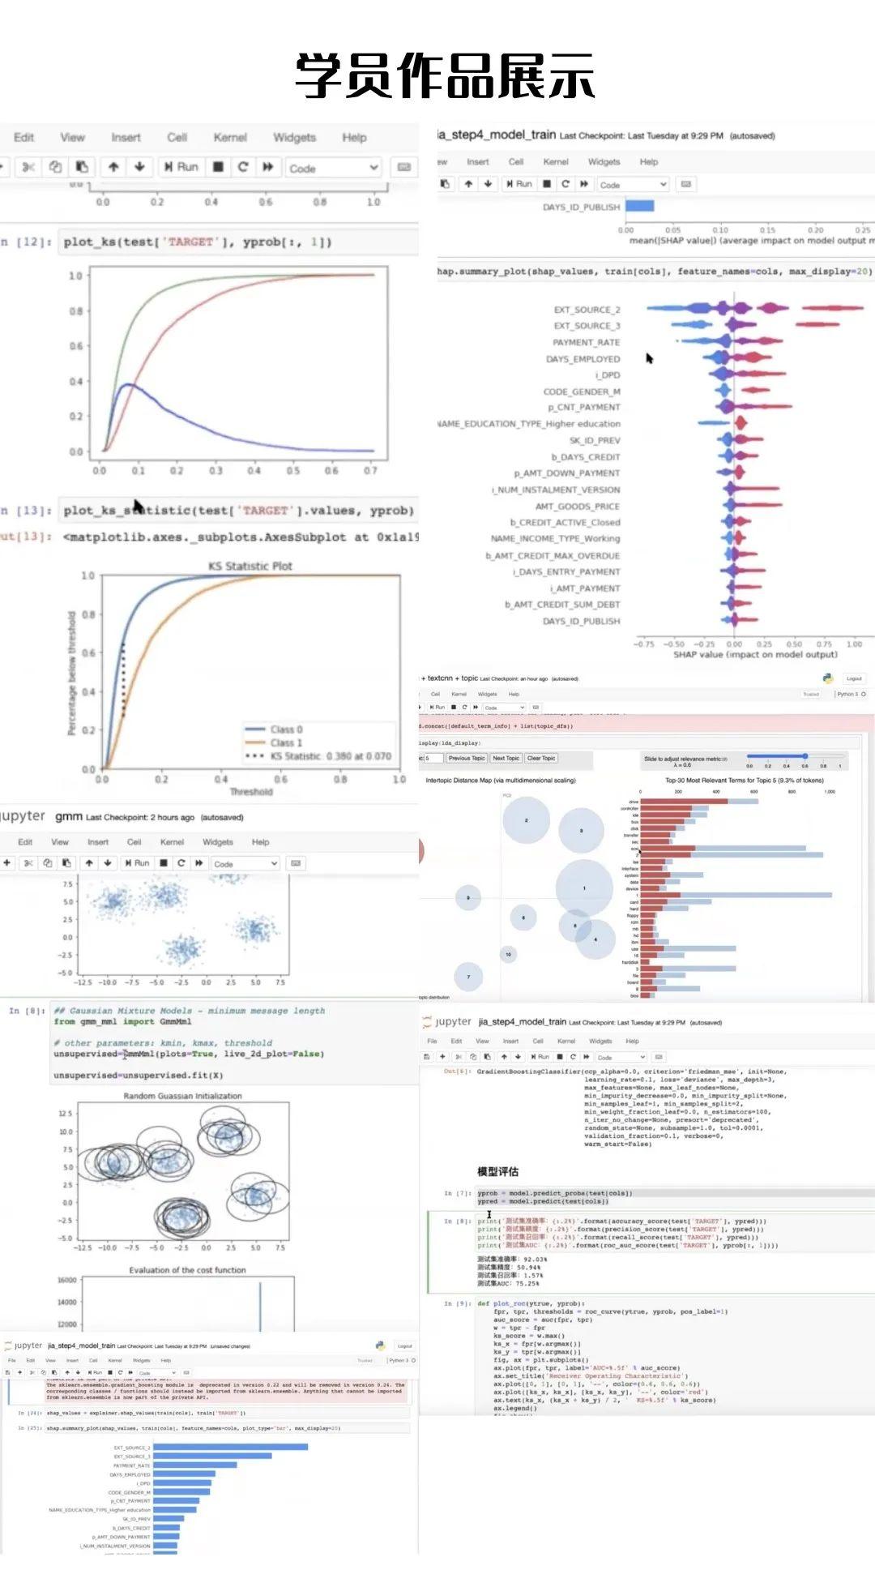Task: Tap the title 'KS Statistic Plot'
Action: [250, 566]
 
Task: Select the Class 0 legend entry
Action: [286, 729]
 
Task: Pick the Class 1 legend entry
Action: [286, 742]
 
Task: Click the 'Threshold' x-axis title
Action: [250, 792]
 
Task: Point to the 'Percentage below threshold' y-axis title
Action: [71, 673]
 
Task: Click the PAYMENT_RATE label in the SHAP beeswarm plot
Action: [586, 343]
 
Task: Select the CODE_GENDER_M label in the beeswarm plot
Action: [581, 391]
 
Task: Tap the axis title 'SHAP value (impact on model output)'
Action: [755, 655]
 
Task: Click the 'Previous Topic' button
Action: [466, 759]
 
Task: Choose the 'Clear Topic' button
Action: [540, 759]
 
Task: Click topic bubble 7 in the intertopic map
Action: [468, 977]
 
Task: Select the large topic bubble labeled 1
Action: [584, 888]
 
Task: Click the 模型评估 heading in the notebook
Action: [497, 1171]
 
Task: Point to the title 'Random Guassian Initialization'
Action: [182, 1096]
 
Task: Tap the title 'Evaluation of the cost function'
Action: [187, 1270]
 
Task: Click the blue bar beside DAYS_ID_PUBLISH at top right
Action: [639, 207]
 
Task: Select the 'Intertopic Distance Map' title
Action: [500, 781]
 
